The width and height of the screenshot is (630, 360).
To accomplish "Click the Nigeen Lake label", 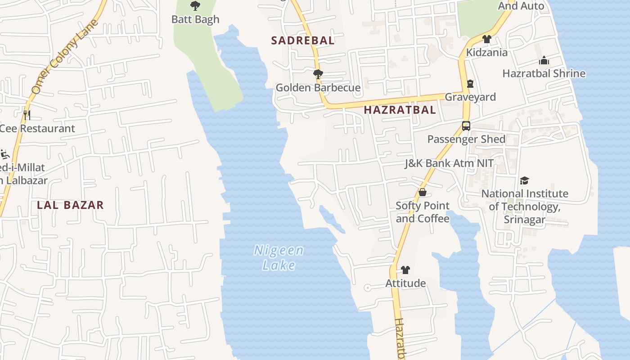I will [279, 257].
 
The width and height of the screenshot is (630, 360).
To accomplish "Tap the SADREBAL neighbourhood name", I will [303, 40].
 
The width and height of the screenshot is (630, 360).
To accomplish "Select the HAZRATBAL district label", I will [400, 110].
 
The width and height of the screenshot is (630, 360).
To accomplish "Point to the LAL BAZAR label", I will [70, 205].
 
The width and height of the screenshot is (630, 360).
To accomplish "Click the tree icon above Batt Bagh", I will [195, 6].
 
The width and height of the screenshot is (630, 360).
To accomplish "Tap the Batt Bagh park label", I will [195, 19].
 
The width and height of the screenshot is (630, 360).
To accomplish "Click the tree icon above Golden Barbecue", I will [318, 74].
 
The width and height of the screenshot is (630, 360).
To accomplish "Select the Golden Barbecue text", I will [318, 88].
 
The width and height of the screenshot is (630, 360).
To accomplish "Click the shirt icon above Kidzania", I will [486, 39].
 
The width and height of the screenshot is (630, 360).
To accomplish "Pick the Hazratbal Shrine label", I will [544, 73].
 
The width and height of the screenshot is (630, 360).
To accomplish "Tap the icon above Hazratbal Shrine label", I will [544, 60].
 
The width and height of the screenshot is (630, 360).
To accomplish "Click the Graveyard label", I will [470, 97].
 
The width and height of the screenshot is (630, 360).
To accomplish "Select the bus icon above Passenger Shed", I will [466, 126].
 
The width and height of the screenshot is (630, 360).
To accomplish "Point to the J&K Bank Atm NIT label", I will [449, 163].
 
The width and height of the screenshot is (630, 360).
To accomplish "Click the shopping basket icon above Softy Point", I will [423, 193].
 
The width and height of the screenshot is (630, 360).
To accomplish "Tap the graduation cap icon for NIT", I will [525, 180].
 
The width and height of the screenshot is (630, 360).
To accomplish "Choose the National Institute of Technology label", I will [525, 207].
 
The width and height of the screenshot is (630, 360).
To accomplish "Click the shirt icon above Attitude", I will [405, 270].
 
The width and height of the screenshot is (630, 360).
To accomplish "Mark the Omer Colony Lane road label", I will [65, 56].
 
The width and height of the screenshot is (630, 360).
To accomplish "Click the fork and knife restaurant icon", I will [27, 115].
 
